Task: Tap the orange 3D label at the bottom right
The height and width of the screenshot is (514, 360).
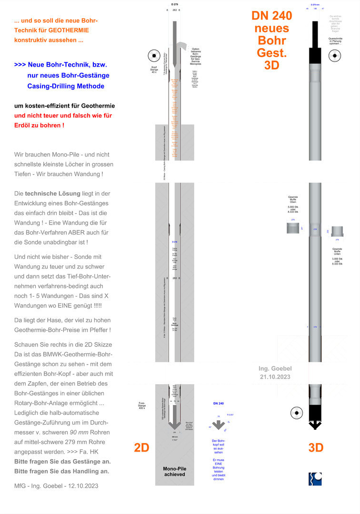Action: (316, 447)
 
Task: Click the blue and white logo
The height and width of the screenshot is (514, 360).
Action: (315, 479)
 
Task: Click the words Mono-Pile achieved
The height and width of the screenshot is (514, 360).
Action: (175, 471)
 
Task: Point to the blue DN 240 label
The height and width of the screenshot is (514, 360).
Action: (218, 404)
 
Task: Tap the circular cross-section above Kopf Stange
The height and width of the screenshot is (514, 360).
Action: (154, 56)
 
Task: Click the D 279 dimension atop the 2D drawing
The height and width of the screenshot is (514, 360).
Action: (174, 4)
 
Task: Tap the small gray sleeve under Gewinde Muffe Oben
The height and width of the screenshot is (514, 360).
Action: (293, 228)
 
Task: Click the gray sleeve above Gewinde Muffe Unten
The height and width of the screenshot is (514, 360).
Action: (338, 231)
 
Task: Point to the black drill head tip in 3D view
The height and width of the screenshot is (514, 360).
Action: (314, 425)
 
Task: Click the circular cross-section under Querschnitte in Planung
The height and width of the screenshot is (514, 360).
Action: (335, 56)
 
